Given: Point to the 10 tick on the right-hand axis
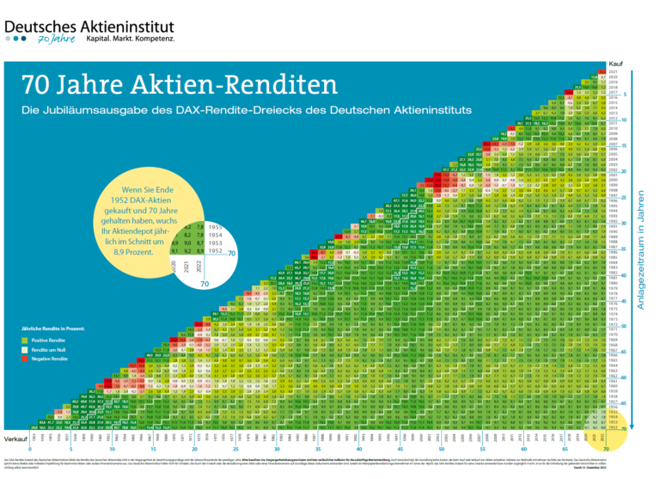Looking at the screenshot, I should (x=626, y=120).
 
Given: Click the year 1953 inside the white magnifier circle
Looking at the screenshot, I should (x=216, y=243).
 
